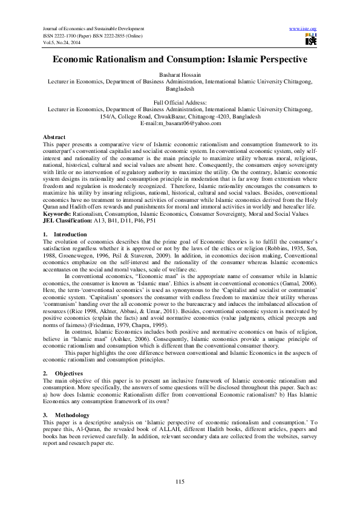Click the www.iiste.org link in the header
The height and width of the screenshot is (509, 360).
pyautogui.click(x=304, y=29)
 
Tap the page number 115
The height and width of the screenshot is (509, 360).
pyautogui.click(x=180, y=481)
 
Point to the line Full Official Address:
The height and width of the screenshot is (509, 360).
pyautogui.click(x=180, y=103)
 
